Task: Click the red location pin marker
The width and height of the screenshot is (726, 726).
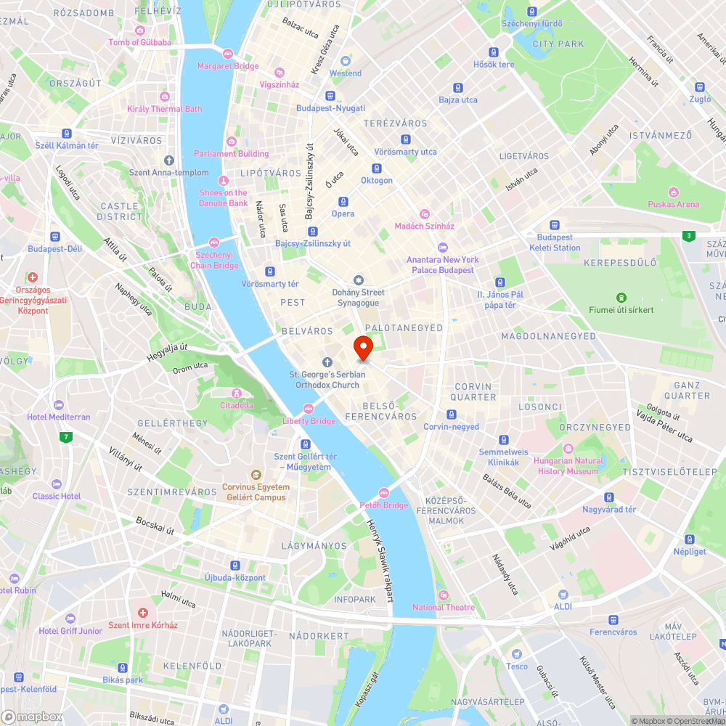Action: coord(362,348)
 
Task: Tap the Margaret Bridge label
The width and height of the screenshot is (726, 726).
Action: coord(228,66)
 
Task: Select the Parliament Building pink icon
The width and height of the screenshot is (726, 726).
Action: coord(232,141)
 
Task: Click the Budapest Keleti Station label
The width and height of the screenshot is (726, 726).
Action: coord(558,242)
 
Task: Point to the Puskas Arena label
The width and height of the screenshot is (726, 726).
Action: coord(673,204)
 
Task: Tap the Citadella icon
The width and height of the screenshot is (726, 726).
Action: coord(237,392)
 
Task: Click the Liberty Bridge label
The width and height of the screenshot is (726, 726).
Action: coord(309,421)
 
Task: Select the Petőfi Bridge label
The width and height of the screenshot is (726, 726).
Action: coord(383,505)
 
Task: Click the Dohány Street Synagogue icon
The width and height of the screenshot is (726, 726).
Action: coord(357,280)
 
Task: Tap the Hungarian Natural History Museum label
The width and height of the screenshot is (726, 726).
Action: coord(568,466)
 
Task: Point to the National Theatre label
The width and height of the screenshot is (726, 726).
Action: coord(443,607)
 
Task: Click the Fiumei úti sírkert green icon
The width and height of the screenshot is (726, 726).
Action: coord(621,297)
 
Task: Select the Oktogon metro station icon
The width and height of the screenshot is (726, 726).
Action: coord(377,168)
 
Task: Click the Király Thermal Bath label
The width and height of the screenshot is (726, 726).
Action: coord(165,109)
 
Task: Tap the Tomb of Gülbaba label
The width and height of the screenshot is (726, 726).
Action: coord(139,42)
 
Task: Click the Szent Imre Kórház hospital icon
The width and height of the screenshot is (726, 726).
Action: coord(143,613)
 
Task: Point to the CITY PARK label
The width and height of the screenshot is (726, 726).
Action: coord(558,44)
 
